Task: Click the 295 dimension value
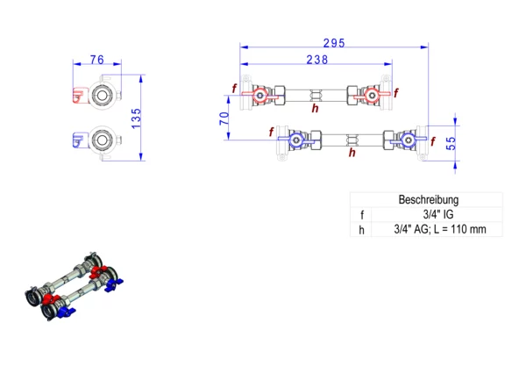(x=334, y=43)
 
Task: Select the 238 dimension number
(x=317, y=60)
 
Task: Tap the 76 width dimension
(x=97, y=60)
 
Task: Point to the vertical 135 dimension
(x=136, y=118)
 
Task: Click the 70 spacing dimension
(x=224, y=118)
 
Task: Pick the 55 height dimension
(x=451, y=143)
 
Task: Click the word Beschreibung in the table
(x=429, y=199)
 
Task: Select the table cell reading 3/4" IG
(x=438, y=214)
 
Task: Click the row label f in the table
(x=362, y=215)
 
